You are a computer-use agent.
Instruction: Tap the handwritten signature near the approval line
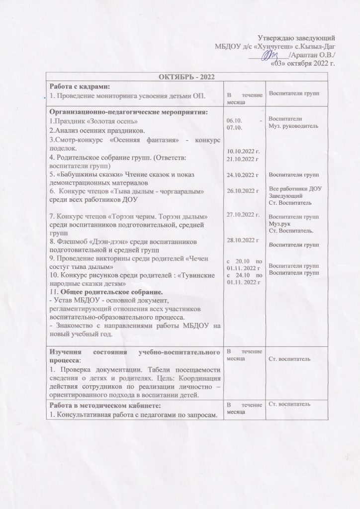271,55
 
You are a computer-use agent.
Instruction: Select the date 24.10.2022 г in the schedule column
243,175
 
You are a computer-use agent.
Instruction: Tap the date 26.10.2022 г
243,190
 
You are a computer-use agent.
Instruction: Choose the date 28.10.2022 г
243,240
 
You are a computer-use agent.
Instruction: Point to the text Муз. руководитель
294,126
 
